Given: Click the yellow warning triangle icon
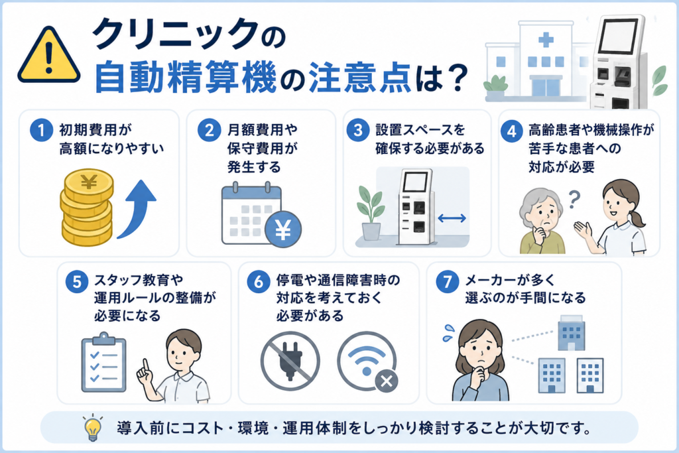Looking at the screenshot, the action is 49,56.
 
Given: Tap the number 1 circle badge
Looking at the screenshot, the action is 42,130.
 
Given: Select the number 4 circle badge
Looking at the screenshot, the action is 512,131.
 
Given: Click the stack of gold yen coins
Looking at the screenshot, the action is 87,207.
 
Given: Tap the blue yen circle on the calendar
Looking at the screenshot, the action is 283,229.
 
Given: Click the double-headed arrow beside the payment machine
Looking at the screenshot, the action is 452,218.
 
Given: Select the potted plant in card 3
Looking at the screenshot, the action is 371,213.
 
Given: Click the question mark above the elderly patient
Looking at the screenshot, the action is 574,200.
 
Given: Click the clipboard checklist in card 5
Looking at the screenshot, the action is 104,363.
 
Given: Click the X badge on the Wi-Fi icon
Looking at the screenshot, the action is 387,381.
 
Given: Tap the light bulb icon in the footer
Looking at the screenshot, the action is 93,428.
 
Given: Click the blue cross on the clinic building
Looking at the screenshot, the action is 546,40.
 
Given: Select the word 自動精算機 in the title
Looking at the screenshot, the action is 186,78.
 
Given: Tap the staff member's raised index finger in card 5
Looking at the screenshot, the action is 145,365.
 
